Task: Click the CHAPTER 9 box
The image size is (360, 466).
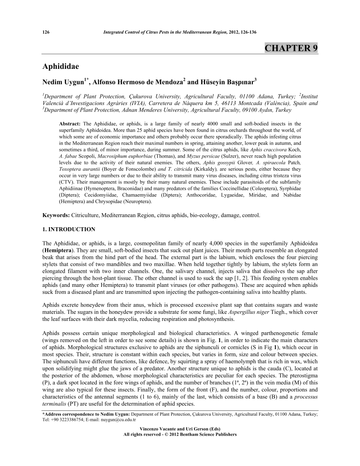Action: click(x=291, y=48)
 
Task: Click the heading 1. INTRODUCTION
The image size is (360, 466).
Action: click(x=69, y=229)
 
